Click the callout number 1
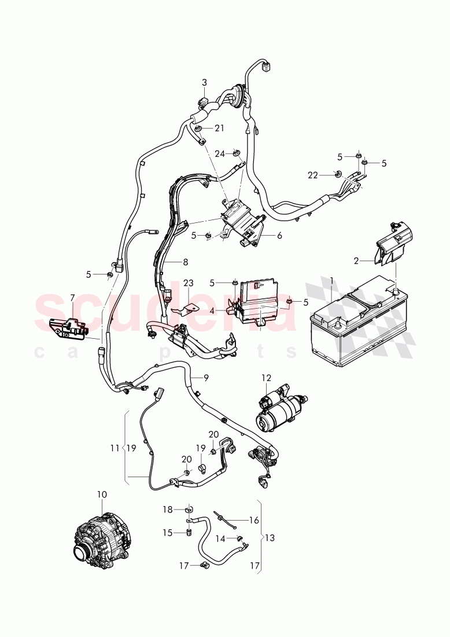[331, 280]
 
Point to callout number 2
[356, 261]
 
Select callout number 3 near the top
[204, 83]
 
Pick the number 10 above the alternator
[102, 495]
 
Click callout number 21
[219, 128]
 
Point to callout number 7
[72, 298]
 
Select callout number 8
[185, 262]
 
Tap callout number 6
[279, 236]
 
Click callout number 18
[167, 510]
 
